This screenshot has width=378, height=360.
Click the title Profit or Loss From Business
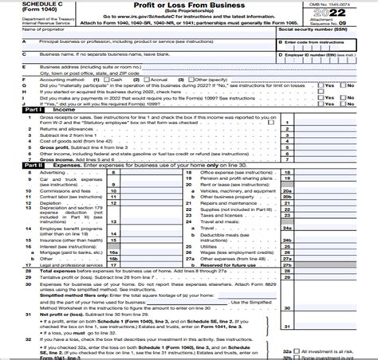(x=189, y=8)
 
